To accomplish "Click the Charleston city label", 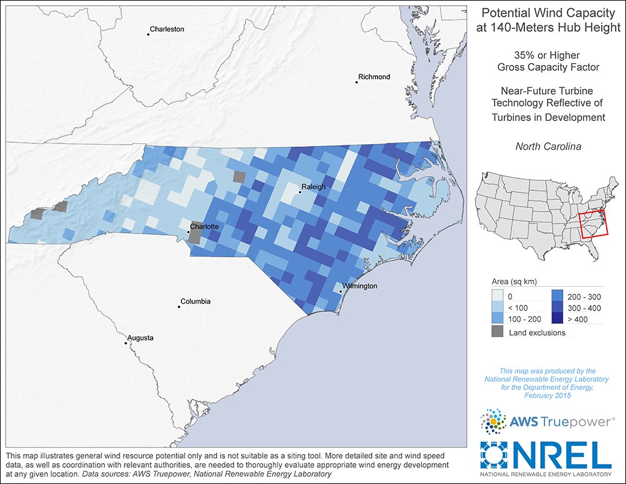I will click(167, 29).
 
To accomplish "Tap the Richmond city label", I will click(374, 77).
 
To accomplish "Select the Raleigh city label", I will click(314, 187).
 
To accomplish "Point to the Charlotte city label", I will click(205, 227).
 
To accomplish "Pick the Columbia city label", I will click(195, 302).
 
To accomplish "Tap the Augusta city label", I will click(140, 338).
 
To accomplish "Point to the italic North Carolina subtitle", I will click(548, 147).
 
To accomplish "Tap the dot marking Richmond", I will click(356, 81).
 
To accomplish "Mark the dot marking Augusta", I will click(125, 342).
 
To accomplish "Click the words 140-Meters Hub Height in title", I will click(548, 27).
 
